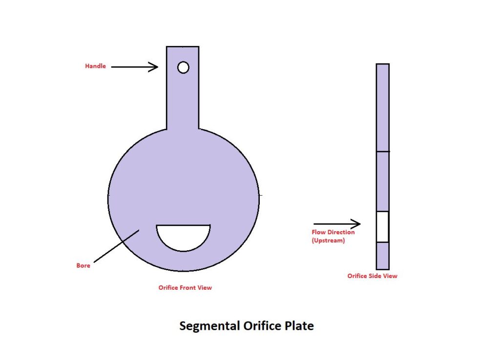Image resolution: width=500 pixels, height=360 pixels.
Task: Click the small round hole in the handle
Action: [183, 67]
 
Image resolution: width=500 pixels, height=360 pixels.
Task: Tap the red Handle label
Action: [95, 66]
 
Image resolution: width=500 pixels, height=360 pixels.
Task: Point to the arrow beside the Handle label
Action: [134, 67]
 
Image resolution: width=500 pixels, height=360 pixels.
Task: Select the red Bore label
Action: [83, 266]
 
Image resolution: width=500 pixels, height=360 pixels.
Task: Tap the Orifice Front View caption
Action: [185, 288]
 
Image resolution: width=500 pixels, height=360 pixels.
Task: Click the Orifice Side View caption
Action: [372, 276]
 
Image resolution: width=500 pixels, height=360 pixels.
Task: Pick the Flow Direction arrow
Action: [336, 224]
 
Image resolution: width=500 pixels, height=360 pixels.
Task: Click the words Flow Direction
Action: [333, 232]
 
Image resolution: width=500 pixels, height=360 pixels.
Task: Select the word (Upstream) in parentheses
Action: [328, 240]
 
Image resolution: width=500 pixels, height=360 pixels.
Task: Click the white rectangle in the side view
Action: [382, 227]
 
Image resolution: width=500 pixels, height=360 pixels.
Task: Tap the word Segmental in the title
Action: [209, 326]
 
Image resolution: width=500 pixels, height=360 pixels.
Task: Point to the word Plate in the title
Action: [300, 326]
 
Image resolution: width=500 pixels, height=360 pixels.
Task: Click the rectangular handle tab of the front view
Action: [183, 98]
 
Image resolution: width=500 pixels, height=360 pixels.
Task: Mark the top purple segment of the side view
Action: [382, 107]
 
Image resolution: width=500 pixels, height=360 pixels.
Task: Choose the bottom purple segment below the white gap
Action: [382, 256]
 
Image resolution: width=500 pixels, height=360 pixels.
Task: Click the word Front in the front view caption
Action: [188, 288]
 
